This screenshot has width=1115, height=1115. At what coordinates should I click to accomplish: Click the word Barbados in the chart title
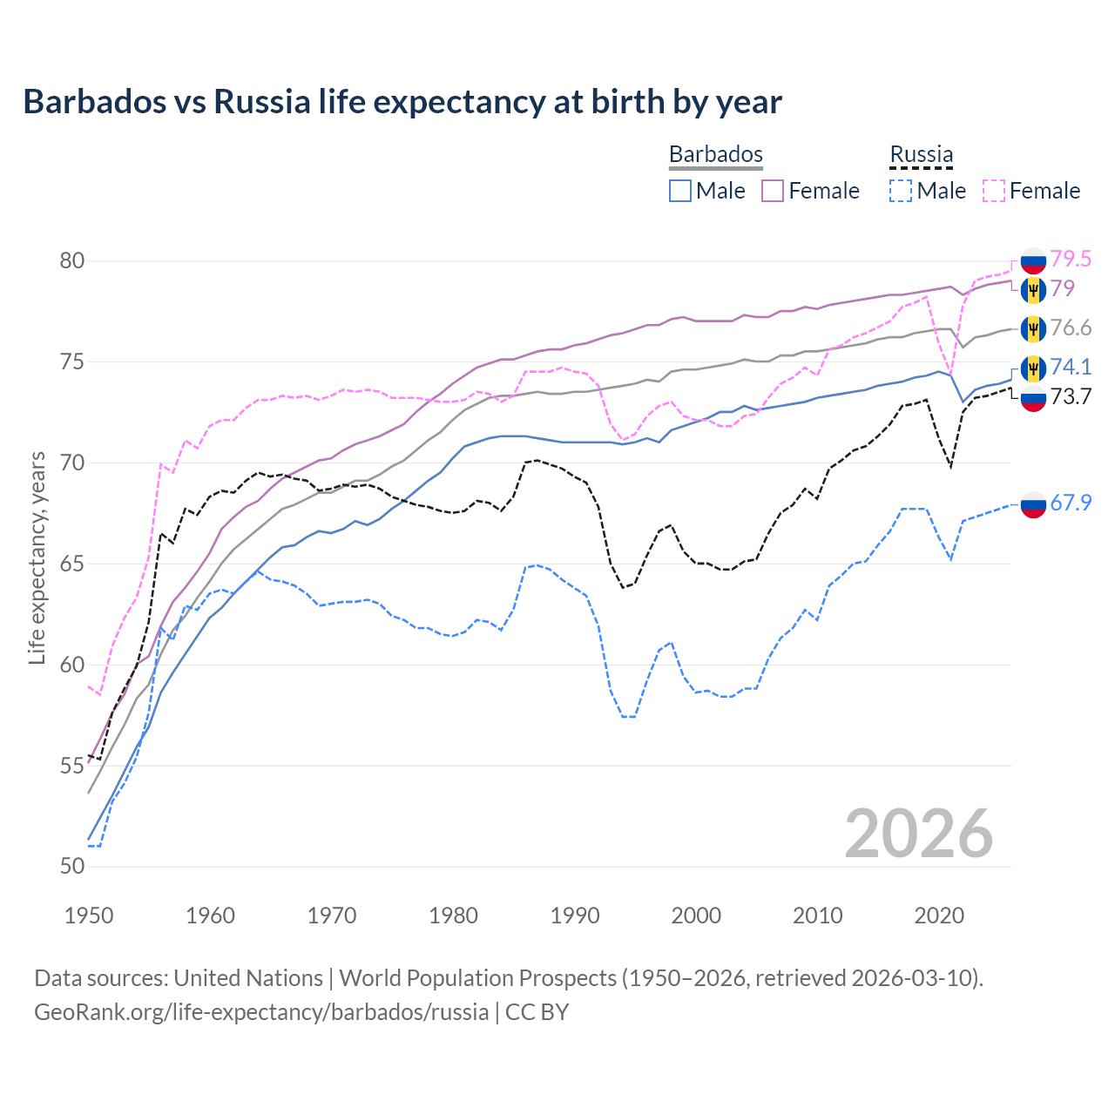pyautogui.click(x=94, y=102)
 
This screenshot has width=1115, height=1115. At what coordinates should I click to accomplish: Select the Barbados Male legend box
pyautogui.click(x=680, y=191)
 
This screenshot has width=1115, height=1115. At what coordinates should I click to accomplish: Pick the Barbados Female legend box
pyautogui.click(x=773, y=191)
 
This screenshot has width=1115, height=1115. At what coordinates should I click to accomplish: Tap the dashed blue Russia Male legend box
pyautogui.click(x=901, y=191)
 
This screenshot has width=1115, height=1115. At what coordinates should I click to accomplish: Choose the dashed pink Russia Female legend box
pyautogui.click(x=994, y=191)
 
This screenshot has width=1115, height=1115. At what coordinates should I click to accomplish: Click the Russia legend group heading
pyautogui.click(x=921, y=154)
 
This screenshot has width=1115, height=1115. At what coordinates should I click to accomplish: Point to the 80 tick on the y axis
pyautogui.click(x=72, y=261)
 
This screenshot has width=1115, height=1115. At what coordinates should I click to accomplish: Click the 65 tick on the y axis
pyautogui.click(x=72, y=564)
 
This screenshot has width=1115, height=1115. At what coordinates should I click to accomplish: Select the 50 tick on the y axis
pyautogui.click(x=72, y=867)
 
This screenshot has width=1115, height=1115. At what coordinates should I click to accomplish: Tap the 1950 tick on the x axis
pyautogui.click(x=89, y=916)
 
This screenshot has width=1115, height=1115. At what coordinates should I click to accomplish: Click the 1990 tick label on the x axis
pyautogui.click(x=575, y=916)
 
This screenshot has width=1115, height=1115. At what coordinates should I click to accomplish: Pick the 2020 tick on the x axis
pyautogui.click(x=939, y=916)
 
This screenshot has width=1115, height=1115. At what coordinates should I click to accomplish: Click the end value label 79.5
pyautogui.click(x=1071, y=259)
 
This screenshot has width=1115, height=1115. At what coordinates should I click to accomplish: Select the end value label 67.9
pyautogui.click(x=1071, y=503)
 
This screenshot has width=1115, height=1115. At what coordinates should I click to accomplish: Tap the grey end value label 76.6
pyautogui.click(x=1071, y=328)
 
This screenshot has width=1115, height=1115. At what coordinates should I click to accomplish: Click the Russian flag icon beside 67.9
pyautogui.click(x=1033, y=503)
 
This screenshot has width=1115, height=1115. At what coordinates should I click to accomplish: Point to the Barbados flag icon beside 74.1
pyautogui.click(x=1033, y=368)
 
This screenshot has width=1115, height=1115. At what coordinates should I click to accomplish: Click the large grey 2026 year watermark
pyautogui.click(x=919, y=834)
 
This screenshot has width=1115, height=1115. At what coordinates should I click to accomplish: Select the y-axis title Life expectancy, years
pyautogui.click(x=37, y=557)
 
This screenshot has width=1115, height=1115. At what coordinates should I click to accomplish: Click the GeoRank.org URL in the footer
pyautogui.click(x=261, y=1012)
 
